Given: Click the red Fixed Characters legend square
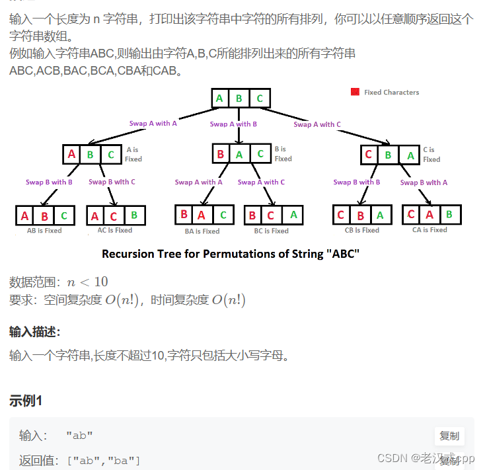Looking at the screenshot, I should coord(355,92).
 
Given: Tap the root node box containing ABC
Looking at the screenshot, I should coord(239,99).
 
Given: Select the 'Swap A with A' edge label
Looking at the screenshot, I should coord(153,124).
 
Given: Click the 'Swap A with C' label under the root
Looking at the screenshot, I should coord(317,124).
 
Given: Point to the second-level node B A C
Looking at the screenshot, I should coord(240,154).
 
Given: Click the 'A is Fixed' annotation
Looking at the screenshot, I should coord(133,155).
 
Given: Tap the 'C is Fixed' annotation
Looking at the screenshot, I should coord(431,155).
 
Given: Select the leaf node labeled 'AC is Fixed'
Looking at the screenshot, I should coord(115,215).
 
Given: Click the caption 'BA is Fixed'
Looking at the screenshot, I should coord(202,231).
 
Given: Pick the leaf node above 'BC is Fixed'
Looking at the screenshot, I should coord(272,215).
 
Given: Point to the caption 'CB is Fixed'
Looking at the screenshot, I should coord(361,231).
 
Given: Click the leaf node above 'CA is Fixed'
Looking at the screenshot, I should coord(431,215).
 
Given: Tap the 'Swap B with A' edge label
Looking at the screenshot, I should coord(424,182).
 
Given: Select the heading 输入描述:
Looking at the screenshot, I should coord(35,331).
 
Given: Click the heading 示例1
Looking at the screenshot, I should coord(26,401).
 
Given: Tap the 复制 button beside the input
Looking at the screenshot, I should coord(449,436).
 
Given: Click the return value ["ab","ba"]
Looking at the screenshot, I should coord(103,460).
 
